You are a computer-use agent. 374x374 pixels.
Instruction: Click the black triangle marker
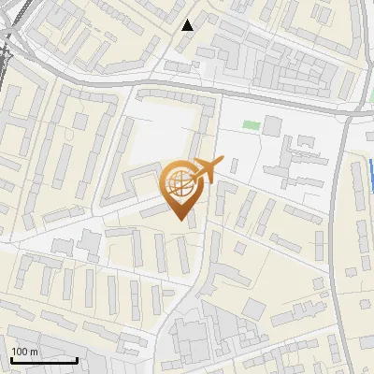(188, 25)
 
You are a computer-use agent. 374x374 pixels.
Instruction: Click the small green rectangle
(250, 124)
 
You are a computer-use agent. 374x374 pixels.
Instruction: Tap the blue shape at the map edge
(371, 173)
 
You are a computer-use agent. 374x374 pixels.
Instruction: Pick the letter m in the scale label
(34, 352)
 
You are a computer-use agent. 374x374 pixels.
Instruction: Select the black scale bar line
(43, 360)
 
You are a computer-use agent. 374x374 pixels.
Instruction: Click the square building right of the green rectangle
(272, 125)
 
